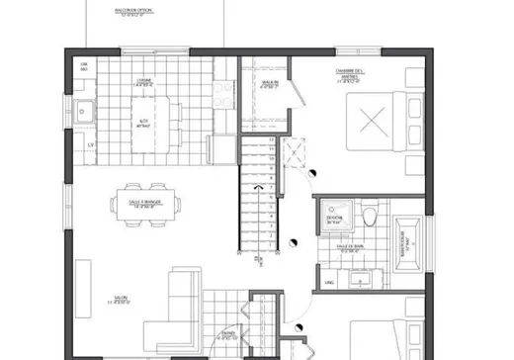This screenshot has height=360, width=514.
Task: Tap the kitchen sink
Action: point(85,109)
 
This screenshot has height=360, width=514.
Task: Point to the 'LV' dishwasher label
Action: point(90,146)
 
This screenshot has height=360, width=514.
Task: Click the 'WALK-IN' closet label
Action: point(267,82)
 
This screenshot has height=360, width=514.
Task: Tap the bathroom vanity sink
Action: point(348,279)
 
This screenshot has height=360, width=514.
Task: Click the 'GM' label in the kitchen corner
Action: point(84,65)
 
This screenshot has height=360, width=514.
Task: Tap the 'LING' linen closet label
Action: point(330,282)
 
